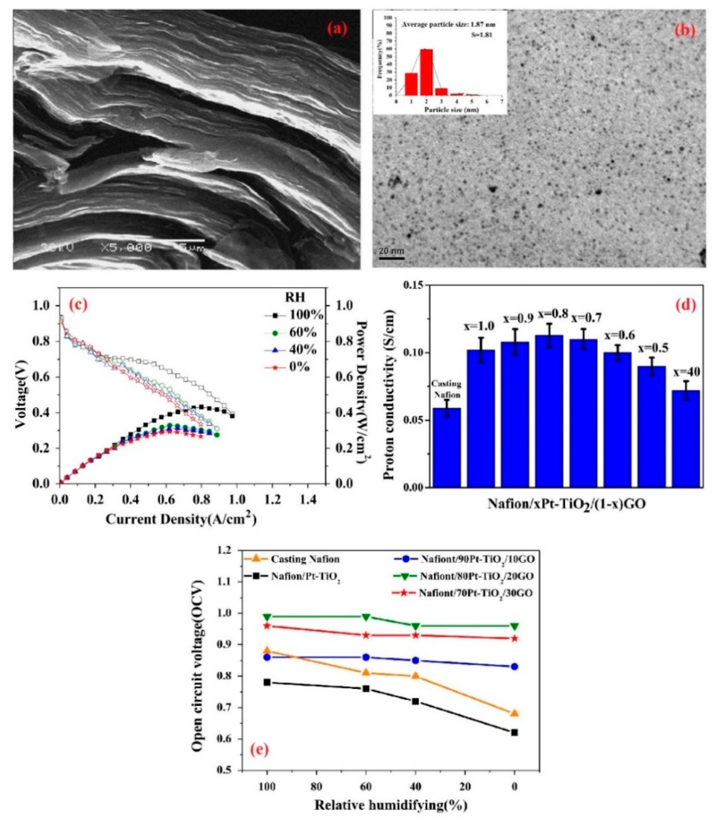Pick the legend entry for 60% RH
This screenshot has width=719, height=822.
pyautogui.click(x=295, y=333)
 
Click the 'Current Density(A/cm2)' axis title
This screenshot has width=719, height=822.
pyautogui.click(x=181, y=519)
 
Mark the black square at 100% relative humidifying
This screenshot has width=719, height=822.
pyautogui.click(x=267, y=682)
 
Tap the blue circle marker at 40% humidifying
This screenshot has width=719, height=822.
pyautogui.click(x=416, y=660)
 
